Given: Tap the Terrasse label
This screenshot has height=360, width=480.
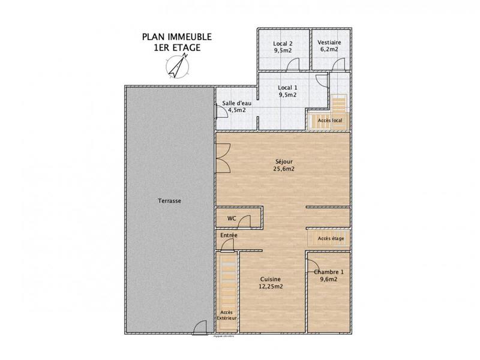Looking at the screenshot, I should [170, 201].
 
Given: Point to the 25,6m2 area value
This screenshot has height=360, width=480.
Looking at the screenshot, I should [284, 169].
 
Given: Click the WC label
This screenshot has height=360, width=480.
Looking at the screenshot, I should [232, 218].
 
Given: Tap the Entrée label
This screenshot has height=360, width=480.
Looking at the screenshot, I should [229, 235].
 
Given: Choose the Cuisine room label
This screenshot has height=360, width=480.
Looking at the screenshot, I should [271, 279].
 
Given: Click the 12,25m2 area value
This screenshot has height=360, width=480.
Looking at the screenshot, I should [271, 287].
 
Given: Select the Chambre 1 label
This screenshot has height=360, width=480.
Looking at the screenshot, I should [329, 271].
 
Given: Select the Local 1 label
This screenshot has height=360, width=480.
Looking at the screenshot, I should [287, 88].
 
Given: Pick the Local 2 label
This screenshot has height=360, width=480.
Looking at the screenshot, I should [283, 43].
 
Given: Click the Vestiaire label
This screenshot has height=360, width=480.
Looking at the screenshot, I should [330, 43].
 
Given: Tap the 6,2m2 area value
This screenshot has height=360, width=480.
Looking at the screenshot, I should [330, 51].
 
